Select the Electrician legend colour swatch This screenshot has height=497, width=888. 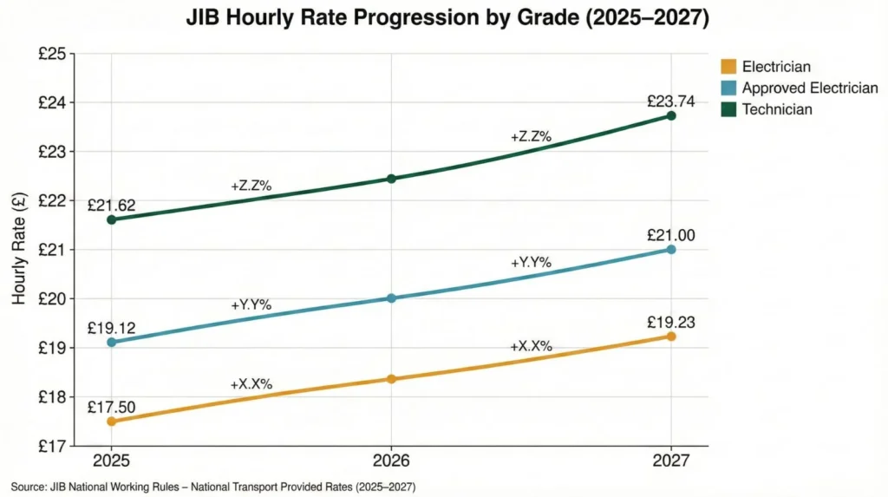pyautogui.click(x=728, y=66)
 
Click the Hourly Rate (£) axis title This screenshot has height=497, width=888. pyautogui.click(x=18, y=250)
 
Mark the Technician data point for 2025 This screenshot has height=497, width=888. pyautogui.click(x=111, y=219)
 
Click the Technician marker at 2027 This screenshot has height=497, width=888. pyautogui.click(x=671, y=115)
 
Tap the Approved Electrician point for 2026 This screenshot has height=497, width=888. pyautogui.click(x=391, y=298)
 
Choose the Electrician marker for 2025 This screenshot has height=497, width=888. pyautogui.click(x=111, y=422)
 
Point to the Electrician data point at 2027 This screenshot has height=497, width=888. pyautogui.click(x=671, y=336)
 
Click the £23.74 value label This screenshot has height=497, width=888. pyautogui.click(x=671, y=101)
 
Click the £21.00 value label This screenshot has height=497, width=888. pyautogui.click(x=671, y=235)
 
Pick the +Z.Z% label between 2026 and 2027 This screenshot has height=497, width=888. pyautogui.click(x=531, y=136)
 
